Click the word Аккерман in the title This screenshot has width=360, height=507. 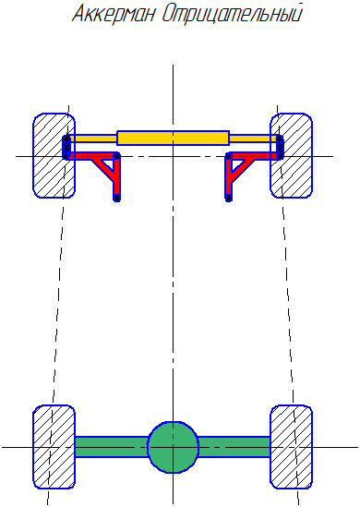coord(114,14)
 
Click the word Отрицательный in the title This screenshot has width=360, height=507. coord(232,14)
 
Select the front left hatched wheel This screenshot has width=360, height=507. coord(54,155)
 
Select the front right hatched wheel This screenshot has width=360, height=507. coord(292,155)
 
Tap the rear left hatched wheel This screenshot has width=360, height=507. coord(54,447)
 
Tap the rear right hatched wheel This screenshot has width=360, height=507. coord(292,447)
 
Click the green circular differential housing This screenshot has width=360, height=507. coord(173,447)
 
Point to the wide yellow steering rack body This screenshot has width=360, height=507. coord(173,139)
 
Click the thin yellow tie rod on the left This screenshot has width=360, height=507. coord(92,139)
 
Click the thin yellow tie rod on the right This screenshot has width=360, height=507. coord(253,139)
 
